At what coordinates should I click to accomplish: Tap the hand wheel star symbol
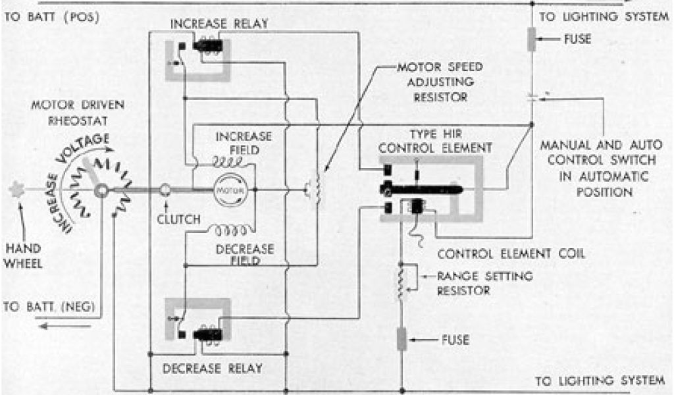[x=16, y=190]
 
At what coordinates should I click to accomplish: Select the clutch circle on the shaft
[x=165, y=190]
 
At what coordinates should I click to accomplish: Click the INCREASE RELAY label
[x=219, y=24]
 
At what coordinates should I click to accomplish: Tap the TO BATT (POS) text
[x=51, y=16]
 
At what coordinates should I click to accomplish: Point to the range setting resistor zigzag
[x=400, y=281]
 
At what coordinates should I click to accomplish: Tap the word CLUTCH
[x=178, y=219]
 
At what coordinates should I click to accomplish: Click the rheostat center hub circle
[x=101, y=191]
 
